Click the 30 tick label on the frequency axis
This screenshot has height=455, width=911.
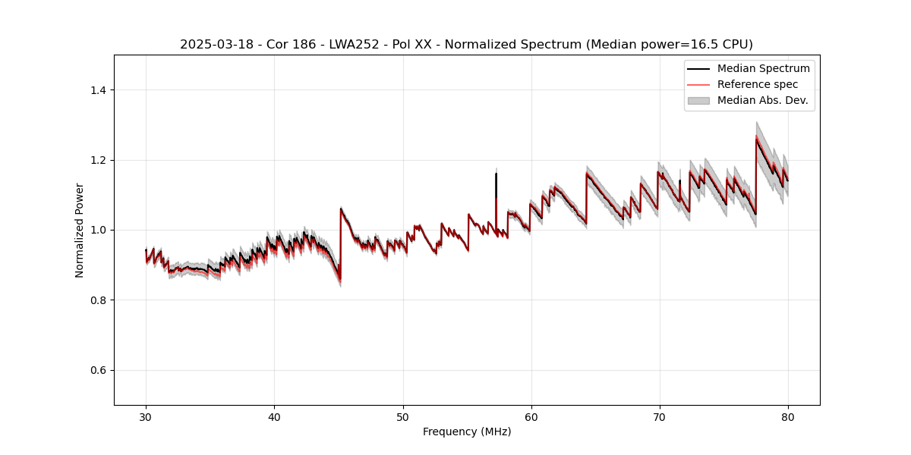point(146,417)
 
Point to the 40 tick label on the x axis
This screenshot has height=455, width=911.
point(274,417)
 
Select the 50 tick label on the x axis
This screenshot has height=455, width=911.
point(403,417)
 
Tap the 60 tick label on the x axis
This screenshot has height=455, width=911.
point(531,417)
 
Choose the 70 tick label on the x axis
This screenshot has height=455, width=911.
point(660,417)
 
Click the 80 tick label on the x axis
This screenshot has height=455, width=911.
point(788,417)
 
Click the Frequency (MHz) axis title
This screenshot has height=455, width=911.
point(467,431)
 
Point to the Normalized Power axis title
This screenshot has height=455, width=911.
point(80,230)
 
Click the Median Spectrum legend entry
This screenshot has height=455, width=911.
point(763,68)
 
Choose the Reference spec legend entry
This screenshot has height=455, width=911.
point(758,84)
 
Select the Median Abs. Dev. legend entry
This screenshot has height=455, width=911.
point(762,100)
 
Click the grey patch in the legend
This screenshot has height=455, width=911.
point(698,100)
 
